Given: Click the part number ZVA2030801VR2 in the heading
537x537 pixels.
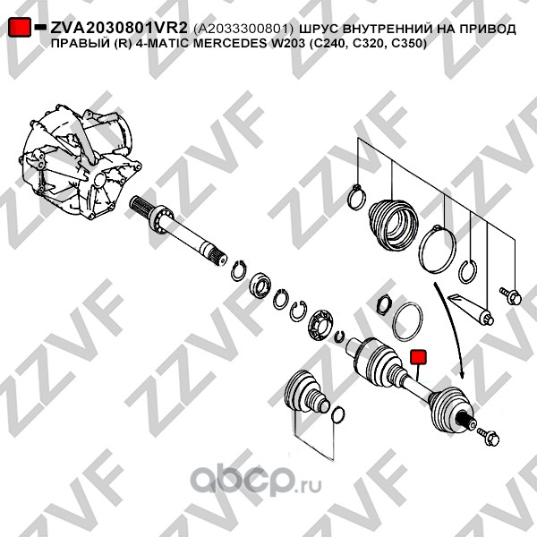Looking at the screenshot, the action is (x=119, y=29).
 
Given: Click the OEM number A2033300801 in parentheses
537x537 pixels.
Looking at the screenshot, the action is (x=243, y=30).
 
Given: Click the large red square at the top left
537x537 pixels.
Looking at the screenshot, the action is (x=20, y=26).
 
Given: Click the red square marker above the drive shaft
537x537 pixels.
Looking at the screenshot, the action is (x=418, y=356).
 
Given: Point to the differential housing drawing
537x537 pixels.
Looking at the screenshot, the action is (x=81, y=161).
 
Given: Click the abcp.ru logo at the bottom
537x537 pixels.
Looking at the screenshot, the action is (x=256, y=481).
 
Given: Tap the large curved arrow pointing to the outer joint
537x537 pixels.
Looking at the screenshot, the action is (x=452, y=329).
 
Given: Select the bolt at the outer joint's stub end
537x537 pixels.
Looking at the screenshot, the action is (x=488, y=436).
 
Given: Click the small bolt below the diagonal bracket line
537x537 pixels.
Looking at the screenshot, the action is (x=510, y=295).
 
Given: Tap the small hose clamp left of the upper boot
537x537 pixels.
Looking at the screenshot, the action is (x=356, y=197).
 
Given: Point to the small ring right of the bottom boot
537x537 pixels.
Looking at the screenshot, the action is (x=338, y=414).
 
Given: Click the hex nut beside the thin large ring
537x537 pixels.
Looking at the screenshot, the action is (x=384, y=305).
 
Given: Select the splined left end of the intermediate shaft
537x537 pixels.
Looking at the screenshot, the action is (x=140, y=205).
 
